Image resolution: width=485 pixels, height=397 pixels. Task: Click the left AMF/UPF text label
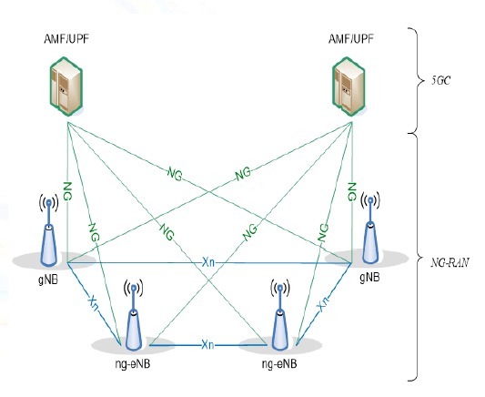click(x=66, y=39)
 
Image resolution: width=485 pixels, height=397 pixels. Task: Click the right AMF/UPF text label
click(x=351, y=39)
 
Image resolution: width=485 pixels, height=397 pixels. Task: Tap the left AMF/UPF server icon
click(x=66, y=87)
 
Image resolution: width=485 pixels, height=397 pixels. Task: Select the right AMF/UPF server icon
click(x=349, y=87)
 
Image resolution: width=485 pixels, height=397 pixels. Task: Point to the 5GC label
click(x=441, y=80)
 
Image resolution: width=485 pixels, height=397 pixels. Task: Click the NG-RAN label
click(x=450, y=263)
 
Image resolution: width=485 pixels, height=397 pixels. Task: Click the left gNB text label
click(x=48, y=280)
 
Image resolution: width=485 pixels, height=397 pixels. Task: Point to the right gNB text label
click(x=369, y=277)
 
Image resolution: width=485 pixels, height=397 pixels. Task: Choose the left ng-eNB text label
click(x=133, y=364)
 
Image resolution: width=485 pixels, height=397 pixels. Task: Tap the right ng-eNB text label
click(x=279, y=364)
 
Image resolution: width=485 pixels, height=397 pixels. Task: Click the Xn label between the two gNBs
click(x=208, y=263)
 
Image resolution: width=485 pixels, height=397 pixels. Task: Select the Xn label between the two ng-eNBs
click(x=207, y=345)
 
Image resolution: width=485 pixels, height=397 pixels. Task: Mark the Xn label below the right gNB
click(x=323, y=303)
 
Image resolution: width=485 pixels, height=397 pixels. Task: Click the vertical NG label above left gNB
click(x=67, y=191)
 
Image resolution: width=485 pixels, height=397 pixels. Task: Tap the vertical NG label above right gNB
click(x=352, y=191)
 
